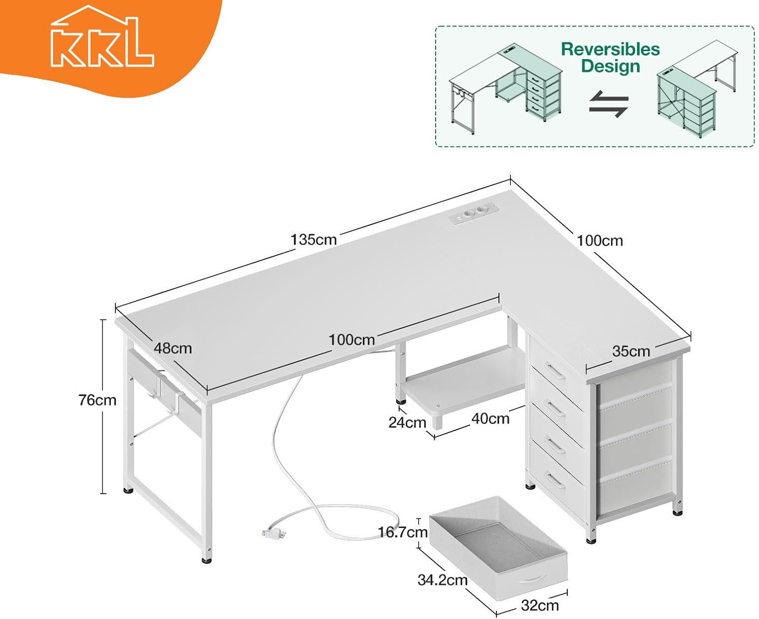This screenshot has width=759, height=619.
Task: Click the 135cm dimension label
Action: click(313, 240)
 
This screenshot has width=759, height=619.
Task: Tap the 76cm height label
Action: click(98, 400)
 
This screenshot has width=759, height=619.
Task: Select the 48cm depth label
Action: click(173, 348)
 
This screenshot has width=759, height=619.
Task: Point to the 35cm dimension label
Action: click(631, 351)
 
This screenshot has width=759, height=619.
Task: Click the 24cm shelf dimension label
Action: click(407, 422)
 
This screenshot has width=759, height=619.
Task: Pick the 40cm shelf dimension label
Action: click(490, 419)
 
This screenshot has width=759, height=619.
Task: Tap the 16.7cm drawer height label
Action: click(403, 532)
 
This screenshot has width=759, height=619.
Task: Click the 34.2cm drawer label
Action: click(442, 580)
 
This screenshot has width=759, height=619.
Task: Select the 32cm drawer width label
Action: click(540, 606)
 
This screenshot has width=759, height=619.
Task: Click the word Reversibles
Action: click(610, 50)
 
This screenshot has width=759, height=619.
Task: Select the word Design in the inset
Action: click(610, 66)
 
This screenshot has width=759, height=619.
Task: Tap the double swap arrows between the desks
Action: click(609, 104)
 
